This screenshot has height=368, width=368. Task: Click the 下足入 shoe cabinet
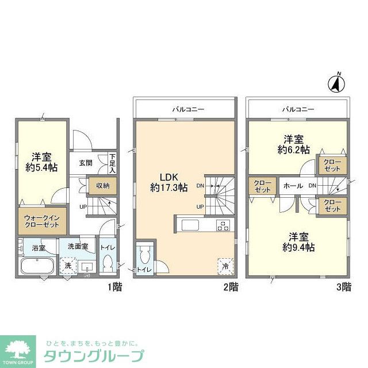113,163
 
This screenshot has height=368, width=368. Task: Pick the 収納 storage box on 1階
102,185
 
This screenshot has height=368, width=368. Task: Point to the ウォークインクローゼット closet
41,223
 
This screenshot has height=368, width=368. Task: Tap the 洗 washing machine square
68,266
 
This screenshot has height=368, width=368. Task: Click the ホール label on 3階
292,186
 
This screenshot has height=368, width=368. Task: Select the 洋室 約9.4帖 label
297,241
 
